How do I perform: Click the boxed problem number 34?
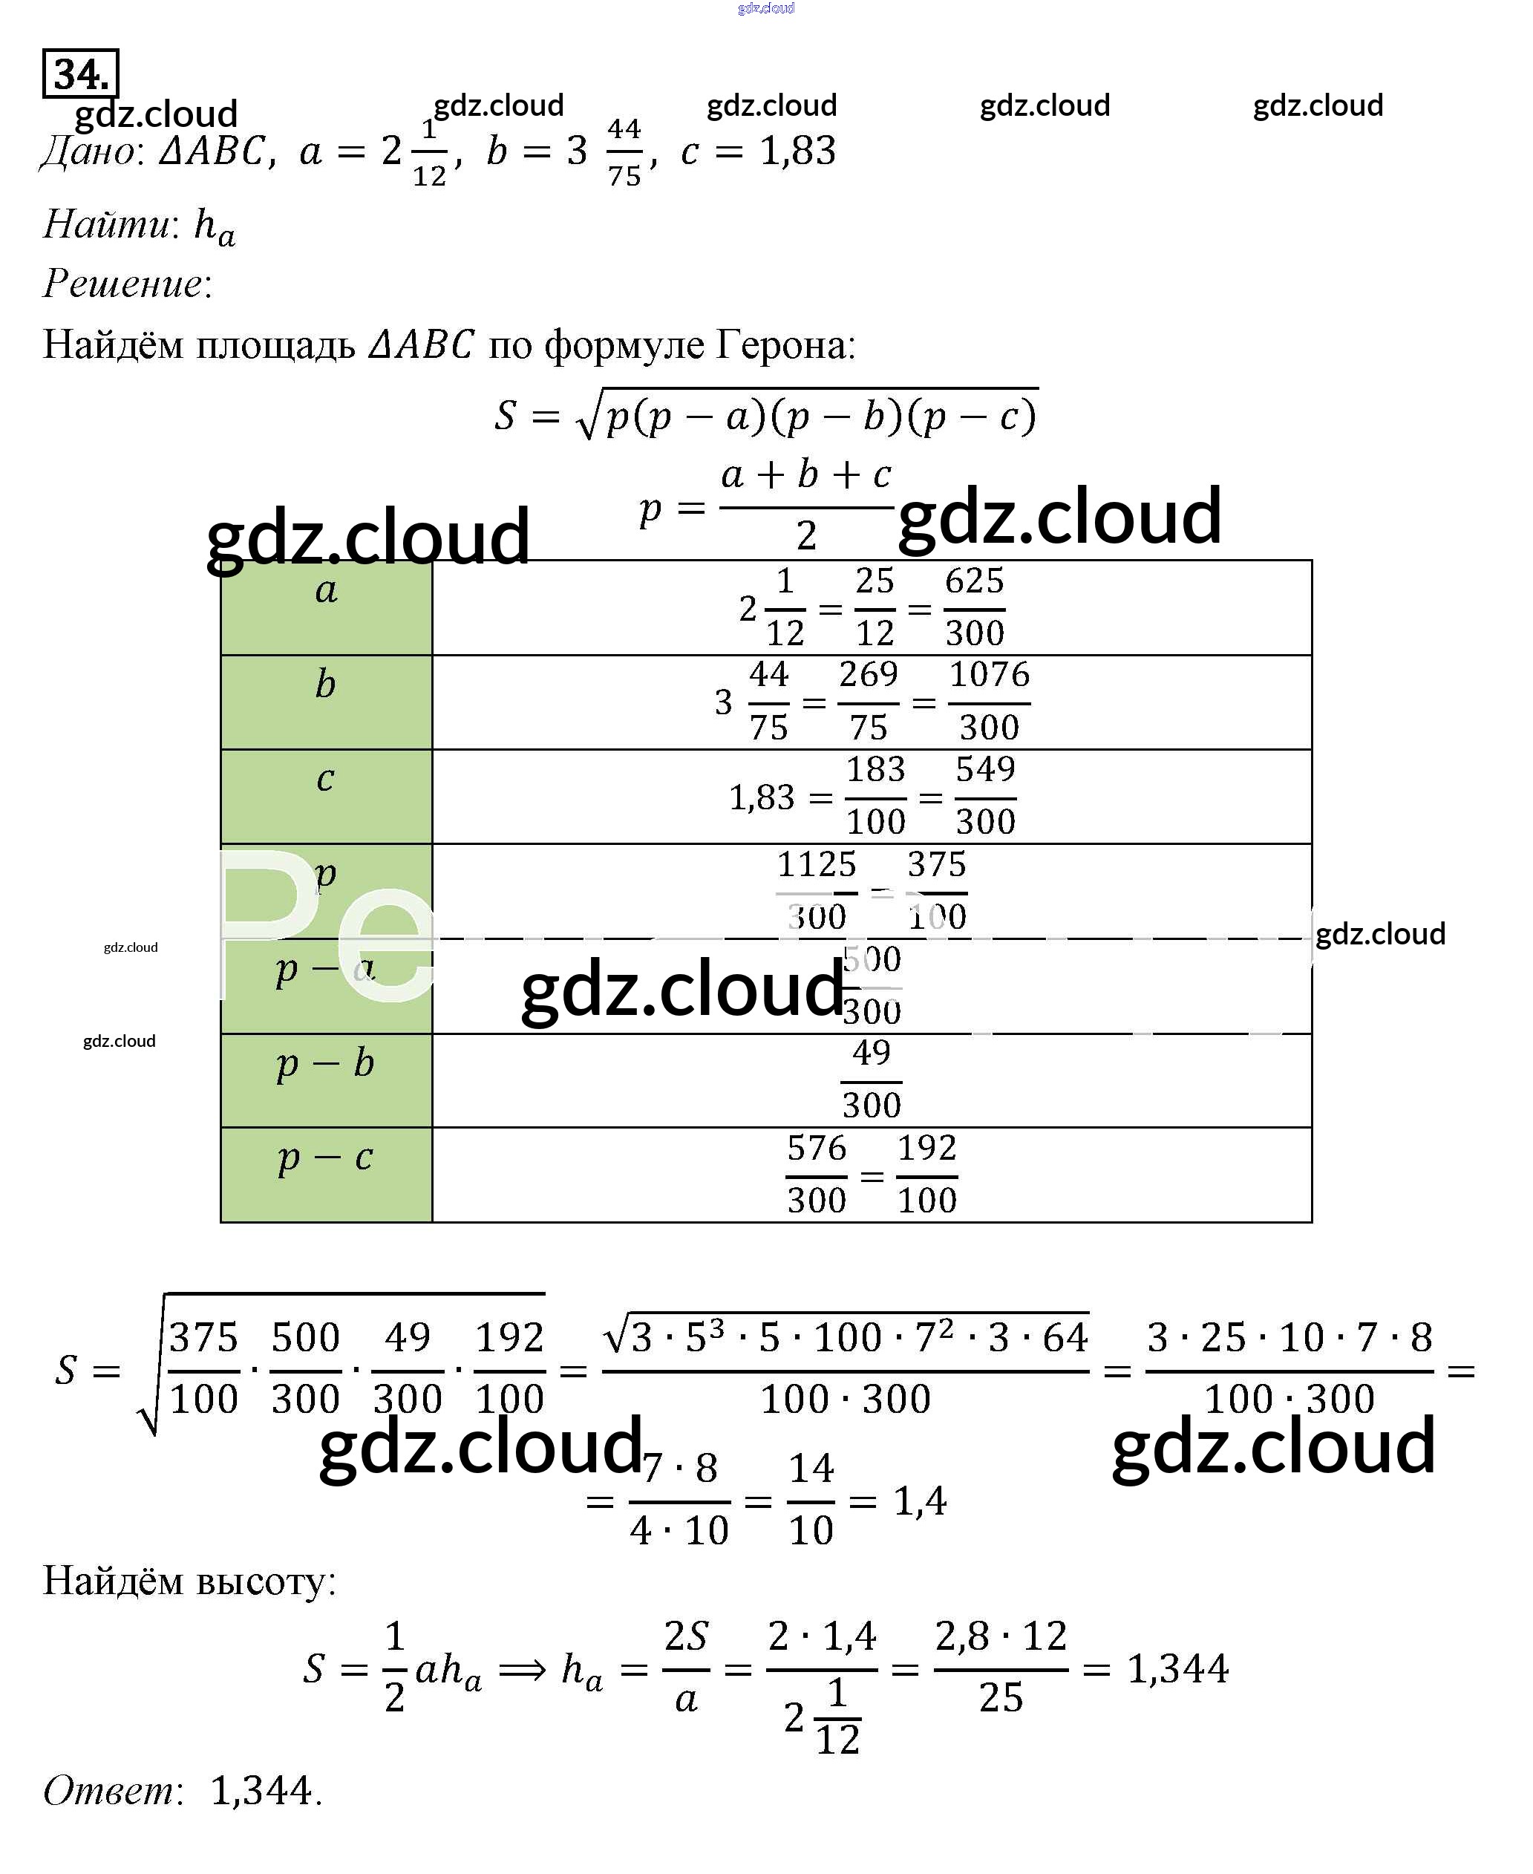click(80, 74)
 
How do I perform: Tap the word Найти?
click(108, 224)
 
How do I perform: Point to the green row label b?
click(325, 685)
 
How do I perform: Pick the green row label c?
click(325, 778)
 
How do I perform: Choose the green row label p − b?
click(325, 1062)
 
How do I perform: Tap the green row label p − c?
click(325, 1157)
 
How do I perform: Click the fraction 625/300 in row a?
click(974, 607)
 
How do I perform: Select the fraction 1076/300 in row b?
click(989, 702)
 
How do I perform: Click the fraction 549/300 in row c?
click(986, 796)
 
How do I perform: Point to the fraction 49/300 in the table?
click(871, 1080)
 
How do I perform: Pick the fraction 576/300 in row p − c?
click(816, 1175)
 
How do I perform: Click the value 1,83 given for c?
click(797, 152)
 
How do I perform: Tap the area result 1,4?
click(920, 1501)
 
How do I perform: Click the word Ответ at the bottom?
click(111, 1791)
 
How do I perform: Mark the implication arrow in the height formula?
click(522, 1670)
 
